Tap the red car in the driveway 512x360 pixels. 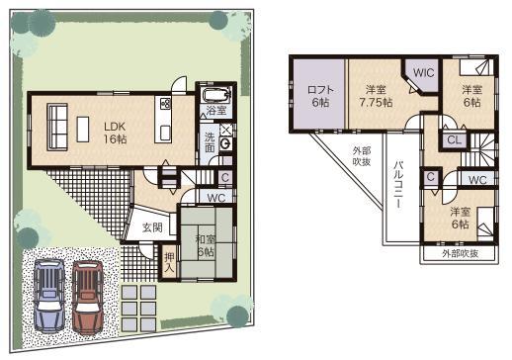click(x=87, y=295)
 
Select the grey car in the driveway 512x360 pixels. click(x=47, y=296)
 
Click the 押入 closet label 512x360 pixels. click(x=169, y=262)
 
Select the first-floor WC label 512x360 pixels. click(x=217, y=197)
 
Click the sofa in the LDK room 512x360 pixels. click(x=55, y=129)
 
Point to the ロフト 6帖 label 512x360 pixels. click(x=317, y=95)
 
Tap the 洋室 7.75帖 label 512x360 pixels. click(x=375, y=95)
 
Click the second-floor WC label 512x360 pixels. click(x=475, y=179)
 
